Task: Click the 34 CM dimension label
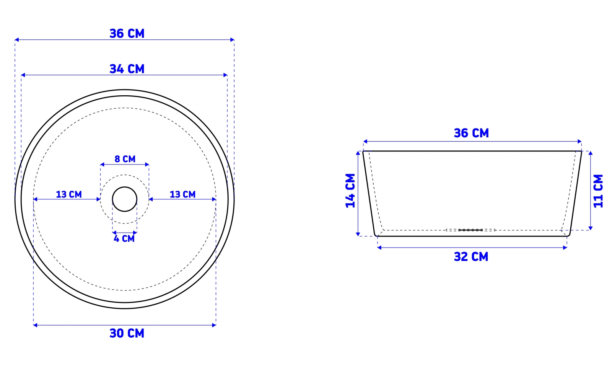[127, 69]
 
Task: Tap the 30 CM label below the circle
[127, 333]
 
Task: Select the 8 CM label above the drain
[125, 159]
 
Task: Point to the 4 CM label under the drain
[124, 239]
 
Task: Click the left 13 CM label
[69, 194]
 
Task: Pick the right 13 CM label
[182, 194]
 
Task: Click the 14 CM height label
[350, 191]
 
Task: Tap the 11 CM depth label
[598, 191]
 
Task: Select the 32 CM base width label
[471, 257]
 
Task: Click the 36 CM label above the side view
[471, 133]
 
